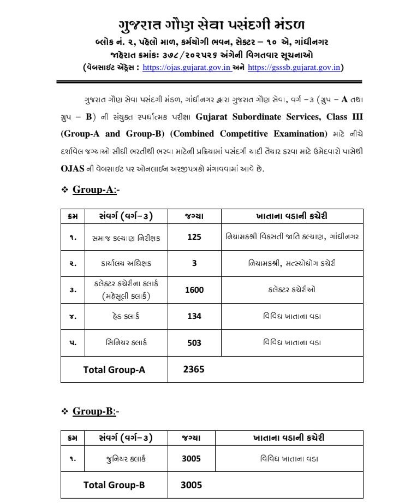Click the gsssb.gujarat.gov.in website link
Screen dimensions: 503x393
[x=294, y=68]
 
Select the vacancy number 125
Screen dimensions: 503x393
[x=194, y=238]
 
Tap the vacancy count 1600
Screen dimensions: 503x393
[x=194, y=290]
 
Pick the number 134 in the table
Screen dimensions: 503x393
[x=194, y=317]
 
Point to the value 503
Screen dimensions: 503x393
[x=194, y=343]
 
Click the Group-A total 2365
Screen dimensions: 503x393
[x=194, y=369]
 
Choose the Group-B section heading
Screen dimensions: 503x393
[x=93, y=411]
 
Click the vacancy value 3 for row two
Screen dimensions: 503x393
[x=194, y=264]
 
